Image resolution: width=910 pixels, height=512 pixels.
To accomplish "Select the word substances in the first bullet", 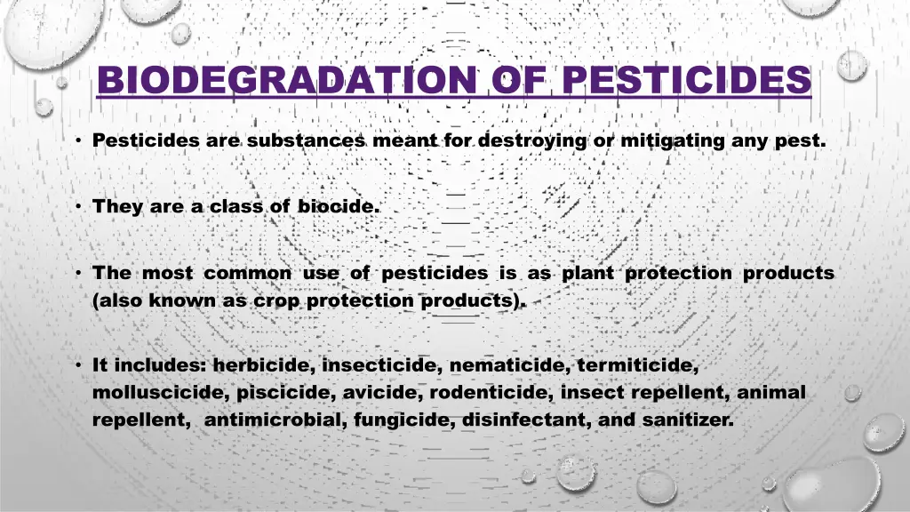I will [x=307, y=140].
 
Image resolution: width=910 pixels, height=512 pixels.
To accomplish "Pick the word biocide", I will [x=338, y=206].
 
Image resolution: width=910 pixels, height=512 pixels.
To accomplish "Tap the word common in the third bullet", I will [x=247, y=273].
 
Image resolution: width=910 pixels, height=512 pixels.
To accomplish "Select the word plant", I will [x=587, y=273].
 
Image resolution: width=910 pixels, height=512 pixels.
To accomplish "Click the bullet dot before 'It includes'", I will [x=79, y=365].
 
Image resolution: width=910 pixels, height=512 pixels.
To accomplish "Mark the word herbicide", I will [x=264, y=365].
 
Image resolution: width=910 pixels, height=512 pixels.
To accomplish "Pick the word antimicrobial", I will [x=275, y=420].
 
